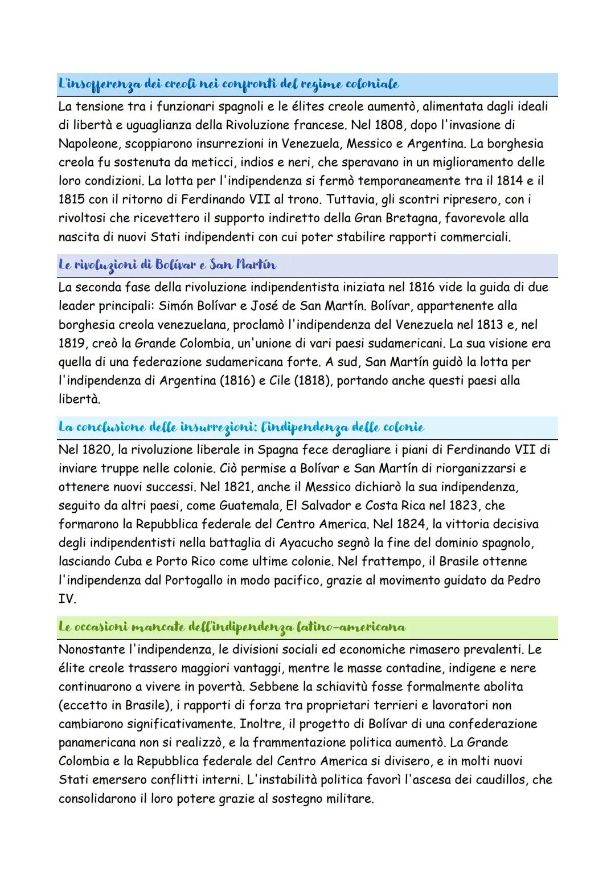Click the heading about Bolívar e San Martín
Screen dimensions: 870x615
[x=167, y=265]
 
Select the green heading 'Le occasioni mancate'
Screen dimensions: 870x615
[x=232, y=627]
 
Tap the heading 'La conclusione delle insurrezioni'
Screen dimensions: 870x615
[x=241, y=427]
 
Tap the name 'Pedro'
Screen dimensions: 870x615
[x=524, y=580]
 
